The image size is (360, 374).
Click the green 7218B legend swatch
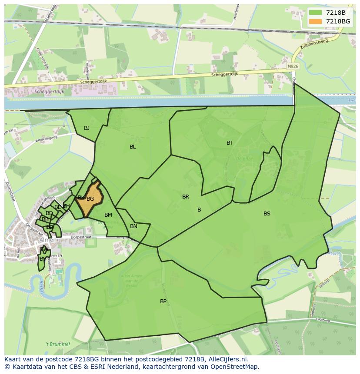(316, 13)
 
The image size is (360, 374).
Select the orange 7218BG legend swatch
(316, 21)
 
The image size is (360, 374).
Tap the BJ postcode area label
(87, 128)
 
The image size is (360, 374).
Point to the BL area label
(133, 147)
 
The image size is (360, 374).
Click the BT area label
(230, 143)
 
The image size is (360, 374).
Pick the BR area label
(186, 197)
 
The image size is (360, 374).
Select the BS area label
(267, 214)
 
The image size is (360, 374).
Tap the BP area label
(163, 301)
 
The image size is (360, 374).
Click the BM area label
(108, 215)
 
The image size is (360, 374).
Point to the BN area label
(133, 226)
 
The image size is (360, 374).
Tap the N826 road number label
(293, 66)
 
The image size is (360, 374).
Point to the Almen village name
(47, 240)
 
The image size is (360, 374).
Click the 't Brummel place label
(58, 344)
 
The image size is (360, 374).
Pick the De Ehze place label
(242, 159)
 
